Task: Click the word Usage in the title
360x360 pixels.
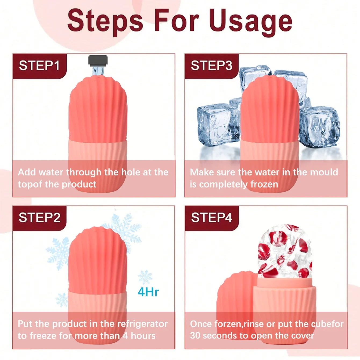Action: (251, 22)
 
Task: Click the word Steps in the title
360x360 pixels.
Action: (105, 22)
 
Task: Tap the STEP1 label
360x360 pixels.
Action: (39, 66)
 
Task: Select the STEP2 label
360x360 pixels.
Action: (39, 218)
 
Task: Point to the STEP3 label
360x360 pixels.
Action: (211, 66)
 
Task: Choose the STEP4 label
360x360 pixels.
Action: (211, 218)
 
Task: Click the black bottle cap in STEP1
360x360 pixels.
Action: (98, 61)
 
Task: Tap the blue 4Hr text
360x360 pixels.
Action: (148, 292)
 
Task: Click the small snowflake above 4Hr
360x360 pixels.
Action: (145, 277)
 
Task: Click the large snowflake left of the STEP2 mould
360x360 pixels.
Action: (58, 253)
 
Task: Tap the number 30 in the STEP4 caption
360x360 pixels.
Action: (195, 336)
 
